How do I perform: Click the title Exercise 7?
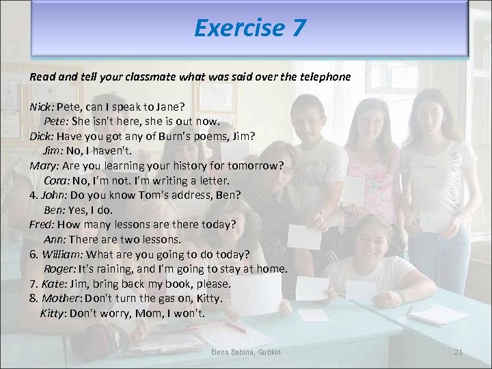pos(249,28)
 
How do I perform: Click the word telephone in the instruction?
pos(324,77)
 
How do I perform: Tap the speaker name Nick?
pos(41,107)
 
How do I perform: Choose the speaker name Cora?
pos(55,180)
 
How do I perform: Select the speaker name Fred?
pos(42,224)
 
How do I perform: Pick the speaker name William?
pos(63,254)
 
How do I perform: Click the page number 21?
pos(459,352)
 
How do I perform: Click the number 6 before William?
pos(33,254)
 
